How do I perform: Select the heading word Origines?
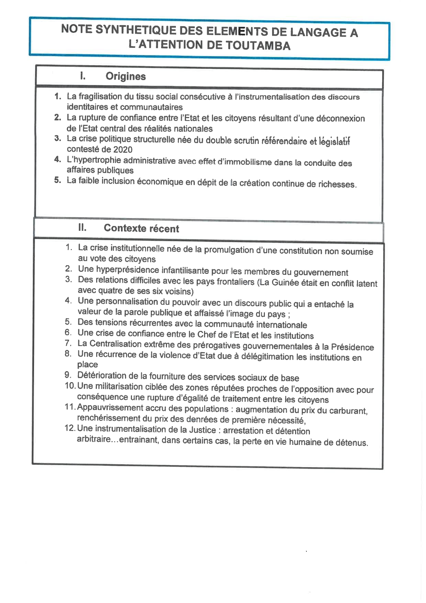[126, 76]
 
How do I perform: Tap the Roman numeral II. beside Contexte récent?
[82, 227]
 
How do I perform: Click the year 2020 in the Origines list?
[123, 150]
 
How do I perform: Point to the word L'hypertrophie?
[94, 160]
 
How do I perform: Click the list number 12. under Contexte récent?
[70, 428]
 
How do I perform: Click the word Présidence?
[352, 347]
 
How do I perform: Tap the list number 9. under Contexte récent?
[68, 375]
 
